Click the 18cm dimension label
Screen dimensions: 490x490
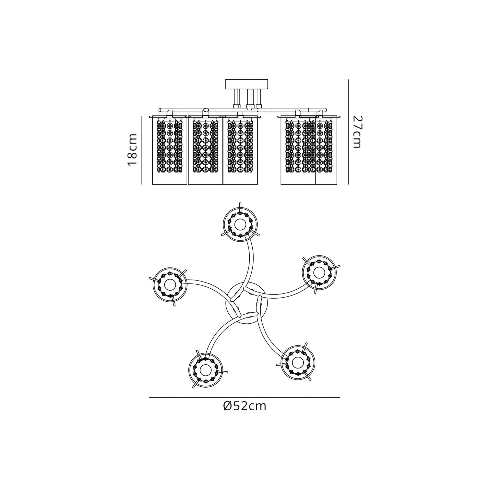132,150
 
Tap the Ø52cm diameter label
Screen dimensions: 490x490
245,406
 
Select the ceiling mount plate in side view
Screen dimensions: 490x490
246,84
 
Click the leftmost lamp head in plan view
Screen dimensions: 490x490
170,284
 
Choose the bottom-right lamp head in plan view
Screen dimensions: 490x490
298,363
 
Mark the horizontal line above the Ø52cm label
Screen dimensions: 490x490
245,397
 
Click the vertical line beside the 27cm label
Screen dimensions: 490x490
348,132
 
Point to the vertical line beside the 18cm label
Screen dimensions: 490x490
142,150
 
